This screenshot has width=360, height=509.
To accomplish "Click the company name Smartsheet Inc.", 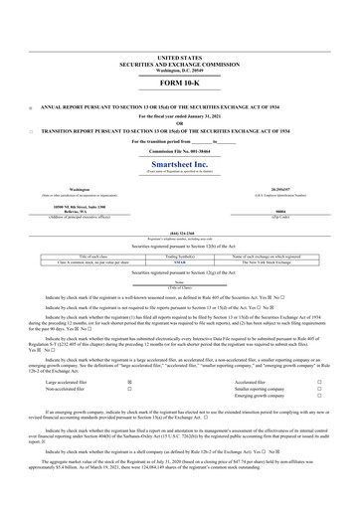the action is click(x=179, y=161).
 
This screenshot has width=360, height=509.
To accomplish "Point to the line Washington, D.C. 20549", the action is click(x=179, y=71).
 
